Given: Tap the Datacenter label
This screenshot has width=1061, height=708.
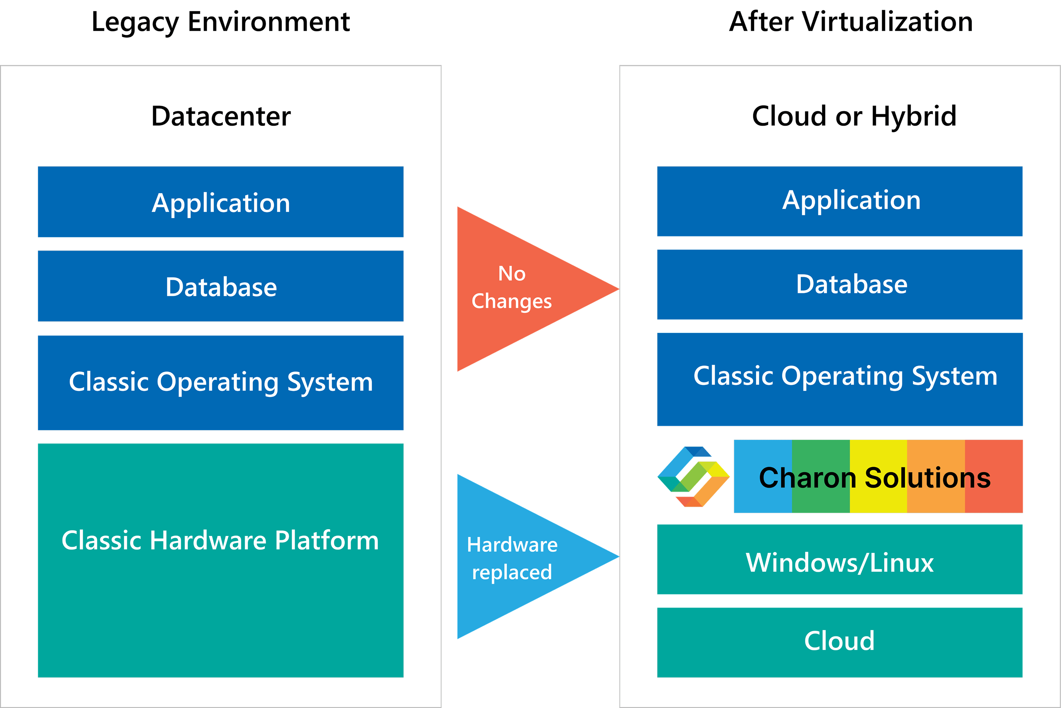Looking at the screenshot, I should [x=221, y=116].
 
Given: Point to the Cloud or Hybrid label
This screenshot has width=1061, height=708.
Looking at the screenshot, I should [x=854, y=116].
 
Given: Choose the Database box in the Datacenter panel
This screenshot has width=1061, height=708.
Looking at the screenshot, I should [x=221, y=286].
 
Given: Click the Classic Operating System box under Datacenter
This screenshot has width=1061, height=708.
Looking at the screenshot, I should [x=221, y=382].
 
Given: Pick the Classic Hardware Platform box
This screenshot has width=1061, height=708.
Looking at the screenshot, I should [x=221, y=560].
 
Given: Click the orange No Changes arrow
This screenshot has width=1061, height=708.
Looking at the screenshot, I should [x=519, y=289].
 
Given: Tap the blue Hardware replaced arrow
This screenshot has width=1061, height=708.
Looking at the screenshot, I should [x=519, y=557].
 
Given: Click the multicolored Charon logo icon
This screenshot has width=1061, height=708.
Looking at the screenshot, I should [x=693, y=476].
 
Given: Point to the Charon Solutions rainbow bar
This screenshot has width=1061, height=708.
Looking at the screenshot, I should [x=878, y=476].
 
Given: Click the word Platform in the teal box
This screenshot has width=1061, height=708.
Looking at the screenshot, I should [x=327, y=541].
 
